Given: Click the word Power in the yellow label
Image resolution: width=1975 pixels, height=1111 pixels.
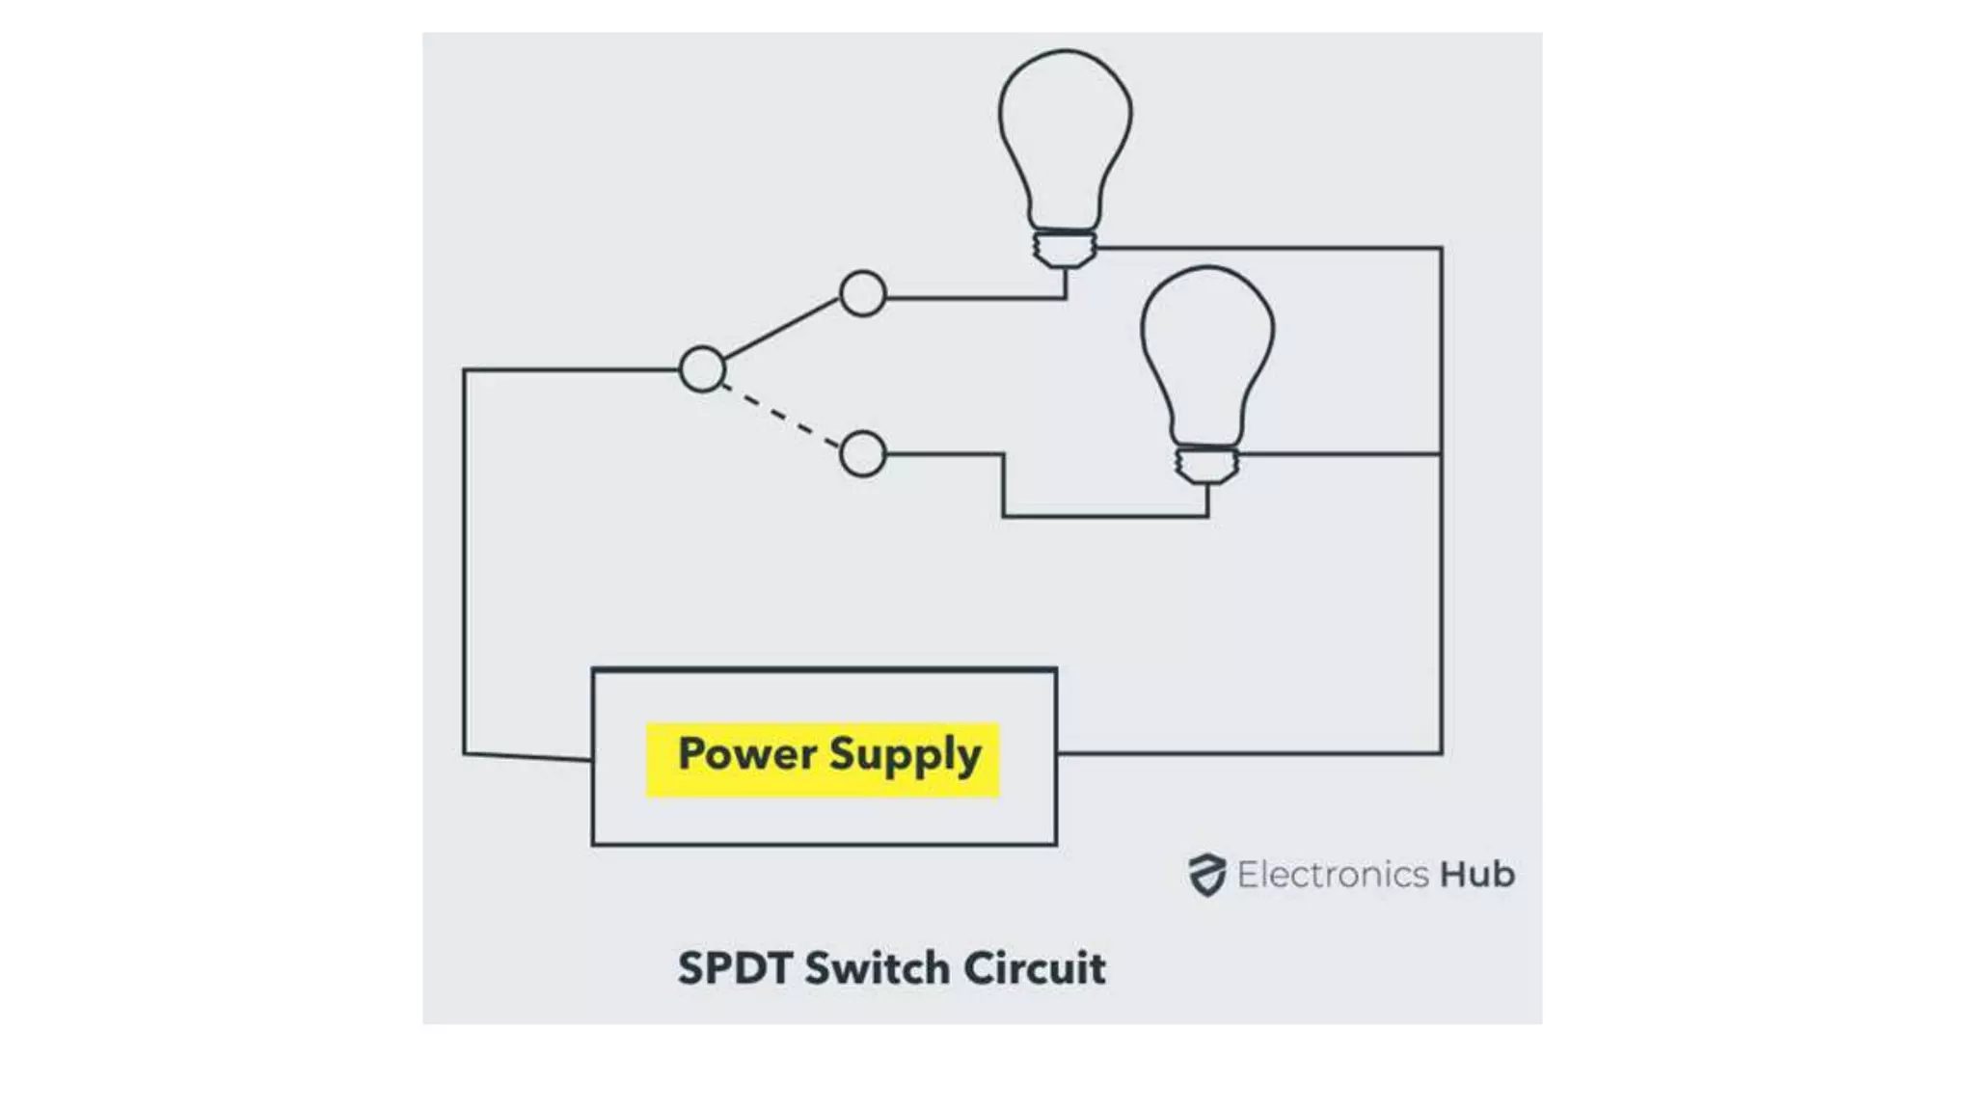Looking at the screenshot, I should pyautogui.click(x=747, y=753).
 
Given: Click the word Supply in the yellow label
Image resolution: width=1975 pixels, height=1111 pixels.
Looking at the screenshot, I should pyautogui.click(x=905, y=755).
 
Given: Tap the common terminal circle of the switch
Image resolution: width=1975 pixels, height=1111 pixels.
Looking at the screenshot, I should pyautogui.click(x=702, y=368).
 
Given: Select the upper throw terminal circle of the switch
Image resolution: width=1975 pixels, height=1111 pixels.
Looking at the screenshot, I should pyautogui.click(x=862, y=294).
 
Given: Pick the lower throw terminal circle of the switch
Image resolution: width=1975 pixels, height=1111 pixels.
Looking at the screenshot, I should pyautogui.click(x=862, y=453).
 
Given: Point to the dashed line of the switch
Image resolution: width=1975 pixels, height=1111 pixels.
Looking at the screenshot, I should pyautogui.click(x=781, y=413).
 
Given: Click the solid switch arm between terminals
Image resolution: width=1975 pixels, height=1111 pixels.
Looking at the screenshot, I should pyautogui.click(x=781, y=330).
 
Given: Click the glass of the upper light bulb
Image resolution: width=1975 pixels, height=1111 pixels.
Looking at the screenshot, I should pyautogui.click(x=1065, y=135).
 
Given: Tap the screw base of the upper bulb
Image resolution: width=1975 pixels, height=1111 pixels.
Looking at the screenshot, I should pyautogui.click(x=1065, y=248).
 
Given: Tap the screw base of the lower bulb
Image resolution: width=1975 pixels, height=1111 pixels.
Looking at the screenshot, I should pyautogui.click(x=1207, y=464).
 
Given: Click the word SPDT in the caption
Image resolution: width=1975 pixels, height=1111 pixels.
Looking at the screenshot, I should pyautogui.click(x=734, y=968).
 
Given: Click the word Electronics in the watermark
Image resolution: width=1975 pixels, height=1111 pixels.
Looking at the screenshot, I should pyautogui.click(x=1332, y=875).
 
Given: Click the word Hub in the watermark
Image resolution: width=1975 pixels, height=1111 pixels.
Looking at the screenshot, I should pyautogui.click(x=1476, y=875).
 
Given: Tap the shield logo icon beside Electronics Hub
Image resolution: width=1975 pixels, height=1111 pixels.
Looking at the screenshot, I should pyautogui.click(x=1206, y=875).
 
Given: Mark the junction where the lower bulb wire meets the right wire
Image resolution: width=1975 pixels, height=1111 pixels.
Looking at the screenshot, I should pyautogui.click(x=1441, y=453).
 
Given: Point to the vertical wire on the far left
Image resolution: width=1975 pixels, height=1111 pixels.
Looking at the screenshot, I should pyautogui.click(x=464, y=559).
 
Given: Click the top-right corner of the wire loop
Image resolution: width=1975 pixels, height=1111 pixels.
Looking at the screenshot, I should pyautogui.click(x=1441, y=249).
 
